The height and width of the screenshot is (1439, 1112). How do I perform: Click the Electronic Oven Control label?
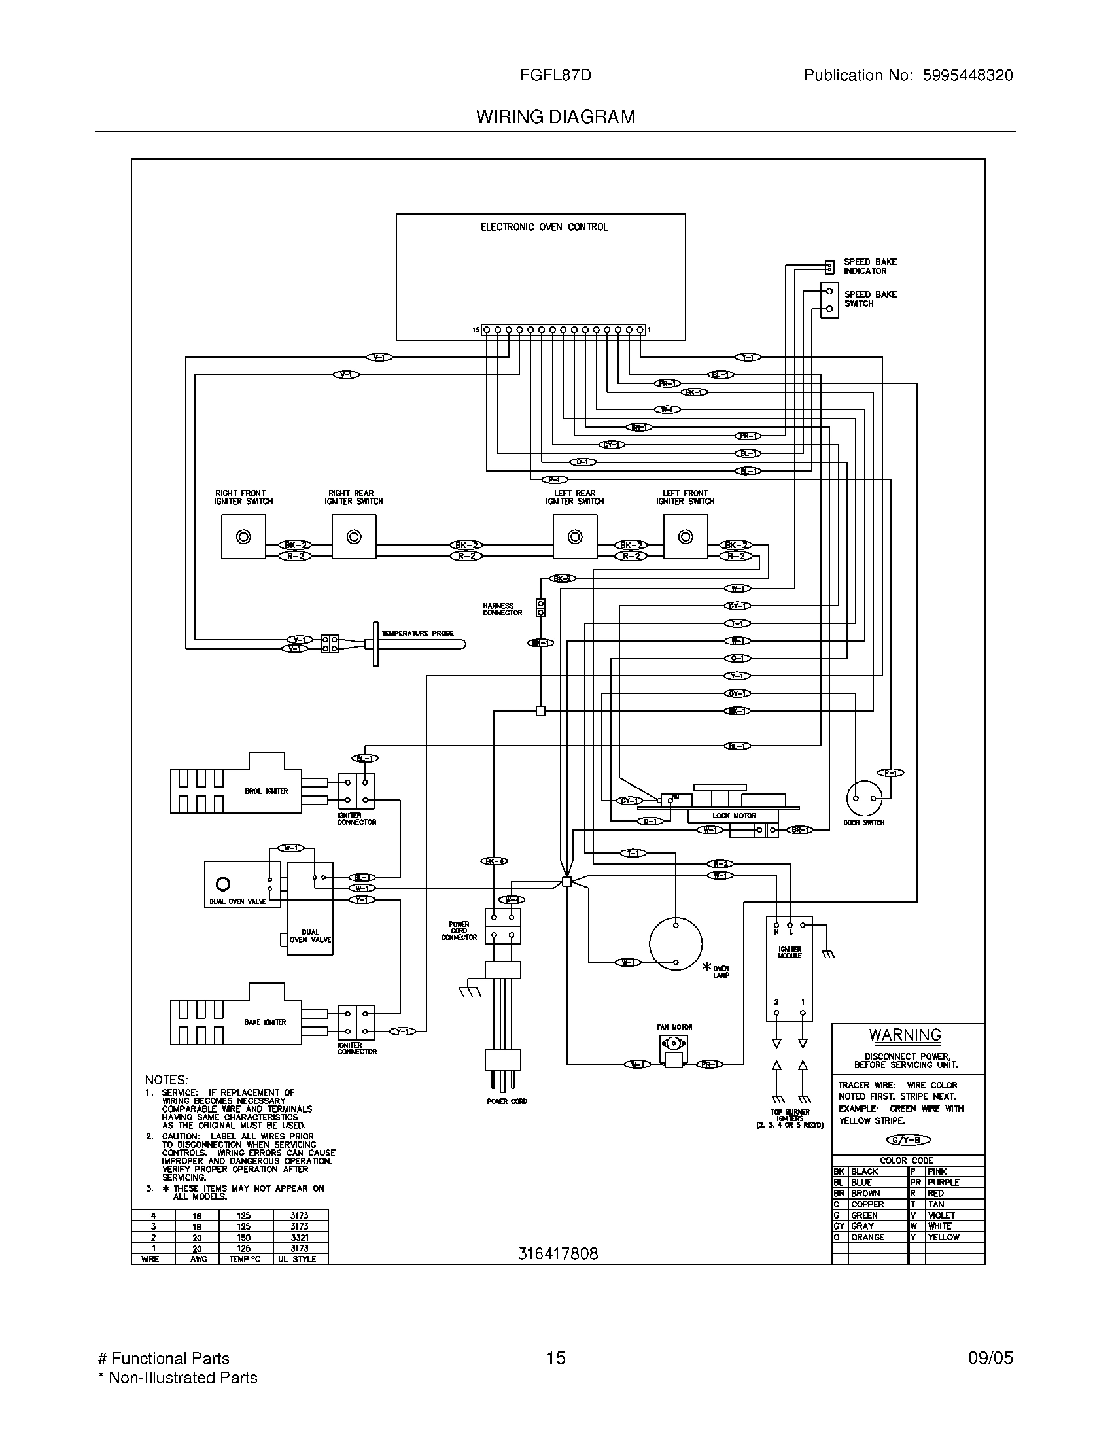coord(544,227)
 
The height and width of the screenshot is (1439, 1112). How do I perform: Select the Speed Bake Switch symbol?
coord(829,300)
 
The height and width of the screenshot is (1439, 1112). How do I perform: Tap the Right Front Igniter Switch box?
coord(243,536)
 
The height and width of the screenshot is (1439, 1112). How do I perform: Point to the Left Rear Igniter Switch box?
coord(574,536)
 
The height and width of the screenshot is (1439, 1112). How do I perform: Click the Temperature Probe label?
coord(418,633)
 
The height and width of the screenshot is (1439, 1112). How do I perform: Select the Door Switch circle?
coord(863,798)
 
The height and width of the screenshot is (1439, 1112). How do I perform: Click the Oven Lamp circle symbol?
coord(675,943)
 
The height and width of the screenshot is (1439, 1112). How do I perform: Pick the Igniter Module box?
coord(790,969)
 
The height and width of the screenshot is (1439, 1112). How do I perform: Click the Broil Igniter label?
coord(266,791)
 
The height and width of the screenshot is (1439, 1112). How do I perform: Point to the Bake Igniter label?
coord(265,1022)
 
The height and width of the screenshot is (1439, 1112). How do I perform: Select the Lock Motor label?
coord(734,816)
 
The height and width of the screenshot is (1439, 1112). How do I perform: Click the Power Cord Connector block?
coord(502,926)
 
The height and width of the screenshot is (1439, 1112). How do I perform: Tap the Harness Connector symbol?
coord(541,608)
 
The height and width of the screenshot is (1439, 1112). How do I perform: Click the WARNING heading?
coord(905,1035)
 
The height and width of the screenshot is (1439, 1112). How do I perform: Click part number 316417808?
coord(558,1254)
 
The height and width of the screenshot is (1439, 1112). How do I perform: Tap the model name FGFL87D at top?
coord(555,75)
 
